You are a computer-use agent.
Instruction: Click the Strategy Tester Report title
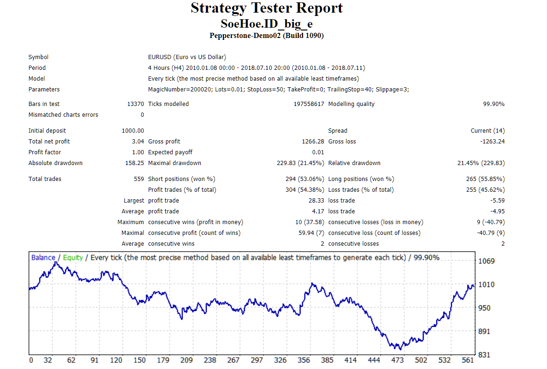[266, 8]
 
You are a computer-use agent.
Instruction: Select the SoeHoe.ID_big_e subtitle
[266, 24]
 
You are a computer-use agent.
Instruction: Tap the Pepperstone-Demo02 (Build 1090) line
[266, 36]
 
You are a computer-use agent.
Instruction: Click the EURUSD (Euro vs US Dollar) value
[187, 57]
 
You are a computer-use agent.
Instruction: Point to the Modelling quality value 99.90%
[494, 104]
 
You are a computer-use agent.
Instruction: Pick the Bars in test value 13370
[136, 104]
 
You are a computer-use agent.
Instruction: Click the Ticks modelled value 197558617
[309, 104]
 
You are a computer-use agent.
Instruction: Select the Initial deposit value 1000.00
[133, 131]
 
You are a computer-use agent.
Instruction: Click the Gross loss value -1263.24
[492, 142]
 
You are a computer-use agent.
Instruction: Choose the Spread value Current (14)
[487, 131]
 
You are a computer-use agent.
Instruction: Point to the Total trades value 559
[139, 179]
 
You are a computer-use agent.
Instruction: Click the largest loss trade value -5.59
[497, 201]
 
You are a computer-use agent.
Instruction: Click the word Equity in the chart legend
[73, 257]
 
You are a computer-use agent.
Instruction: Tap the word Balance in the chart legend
[43, 257]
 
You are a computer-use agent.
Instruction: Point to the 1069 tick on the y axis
[486, 261]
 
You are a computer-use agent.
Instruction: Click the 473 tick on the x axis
[397, 360]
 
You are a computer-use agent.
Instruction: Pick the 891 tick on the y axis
[485, 331]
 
